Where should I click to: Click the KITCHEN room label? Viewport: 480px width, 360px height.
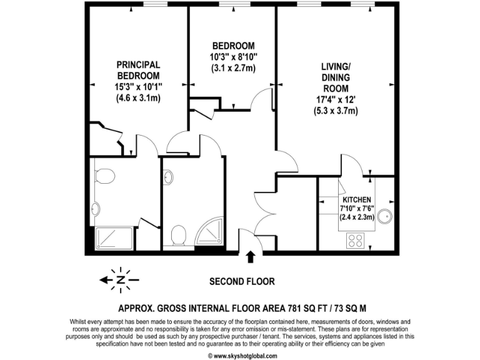pyautogui.click(x=356, y=199)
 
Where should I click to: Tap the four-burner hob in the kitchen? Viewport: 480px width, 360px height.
pyautogui.click(x=356, y=240)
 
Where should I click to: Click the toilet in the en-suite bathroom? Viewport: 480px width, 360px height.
pyautogui.click(x=105, y=176)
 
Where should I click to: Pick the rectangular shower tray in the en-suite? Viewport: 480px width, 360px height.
pyautogui.click(x=114, y=238)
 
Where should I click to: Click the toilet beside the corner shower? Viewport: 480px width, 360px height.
pyautogui.click(x=179, y=236)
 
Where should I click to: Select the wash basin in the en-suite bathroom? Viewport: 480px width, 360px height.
pyautogui.click(x=95, y=209)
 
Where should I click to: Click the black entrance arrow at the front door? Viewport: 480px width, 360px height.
pyautogui.click(x=251, y=257)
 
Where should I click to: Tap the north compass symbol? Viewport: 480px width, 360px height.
pyautogui.click(x=120, y=279)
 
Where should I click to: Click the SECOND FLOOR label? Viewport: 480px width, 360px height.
pyautogui.click(x=241, y=281)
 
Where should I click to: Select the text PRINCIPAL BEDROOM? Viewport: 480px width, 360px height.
pyautogui.click(x=139, y=69)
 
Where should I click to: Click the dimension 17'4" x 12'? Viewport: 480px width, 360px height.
pyautogui.click(x=336, y=99)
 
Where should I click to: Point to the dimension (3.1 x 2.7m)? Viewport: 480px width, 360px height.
pyautogui.click(x=233, y=68)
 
